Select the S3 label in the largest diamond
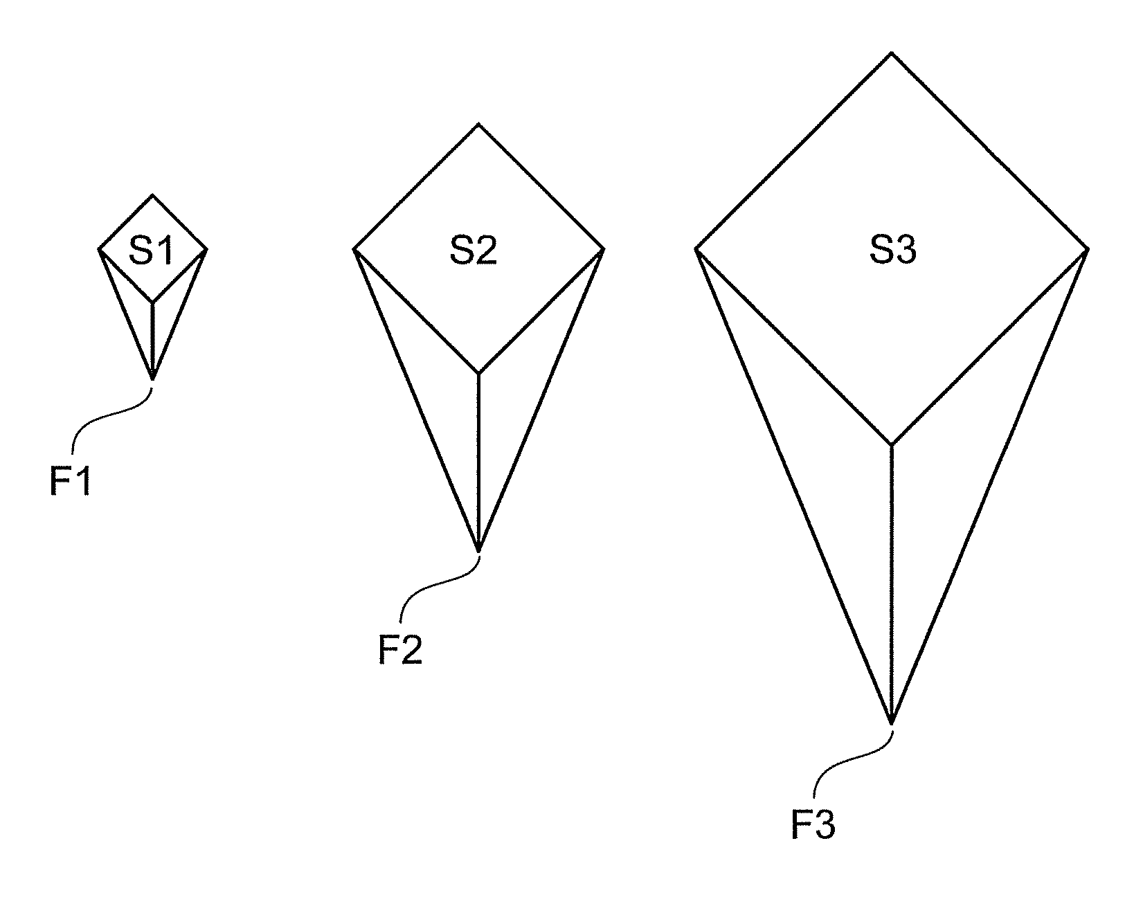[893, 251]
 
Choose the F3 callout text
[813, 825]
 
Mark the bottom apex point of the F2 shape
[478, 552]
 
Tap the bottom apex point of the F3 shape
[892, 724]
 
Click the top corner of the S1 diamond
[152, 195]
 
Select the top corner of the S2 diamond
[478, 125]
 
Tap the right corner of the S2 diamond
[604, 248]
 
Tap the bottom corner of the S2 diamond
[478, 374]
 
